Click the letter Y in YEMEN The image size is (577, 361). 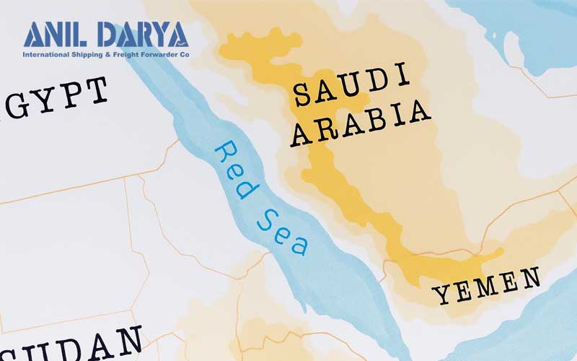click(x=441, y=295)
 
